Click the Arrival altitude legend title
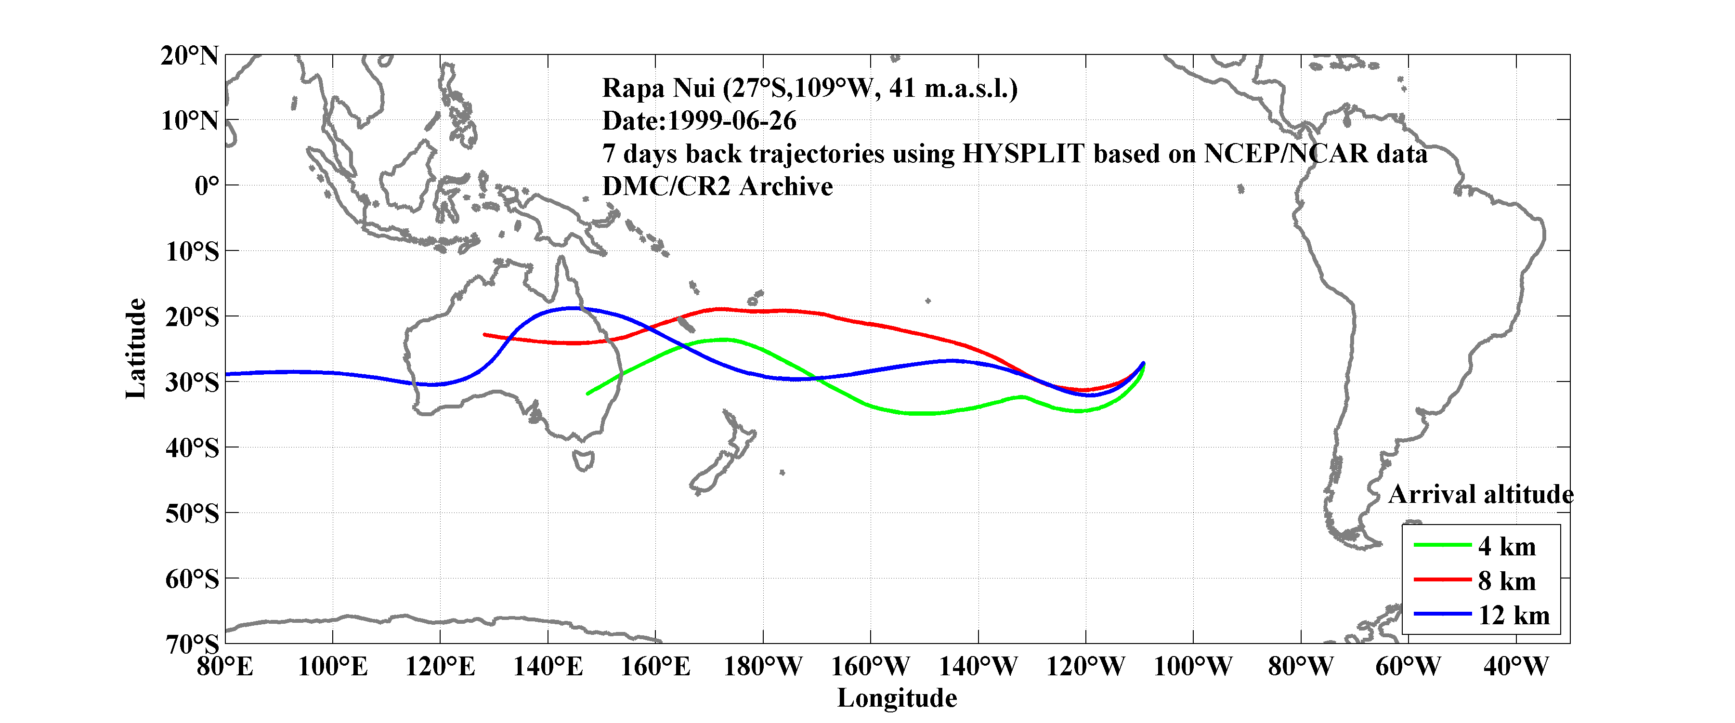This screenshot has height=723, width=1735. (x=1480, y=495)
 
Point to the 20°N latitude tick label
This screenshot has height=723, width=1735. (x=189, y=55)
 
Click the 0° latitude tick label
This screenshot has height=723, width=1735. (x=206, y=185)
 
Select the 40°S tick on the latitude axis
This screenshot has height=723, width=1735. (x=192, y=447)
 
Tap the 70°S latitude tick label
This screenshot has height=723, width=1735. (x=192, y=644)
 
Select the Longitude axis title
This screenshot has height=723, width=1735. (x=897, y=698)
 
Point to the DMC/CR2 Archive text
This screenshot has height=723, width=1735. (x=717, y=186)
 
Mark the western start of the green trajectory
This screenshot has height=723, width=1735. (x=588, y=394)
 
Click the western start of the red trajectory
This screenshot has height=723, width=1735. (x=484, y=334)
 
